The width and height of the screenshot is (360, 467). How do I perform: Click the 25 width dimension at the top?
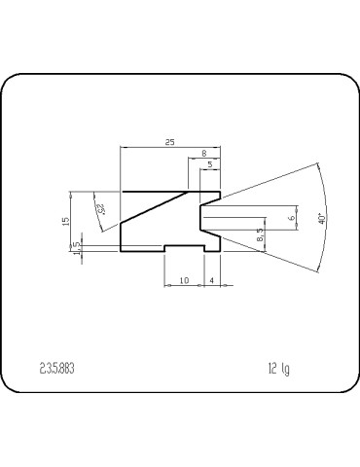(169, 142)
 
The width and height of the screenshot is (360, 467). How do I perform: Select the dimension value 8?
(202, 154)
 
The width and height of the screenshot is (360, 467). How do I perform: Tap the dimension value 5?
(210, 165)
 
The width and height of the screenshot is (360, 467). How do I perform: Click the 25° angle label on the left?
(99, 207)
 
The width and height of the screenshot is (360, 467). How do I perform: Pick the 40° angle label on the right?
(321, 220)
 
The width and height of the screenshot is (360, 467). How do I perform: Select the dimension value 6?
(292, 218)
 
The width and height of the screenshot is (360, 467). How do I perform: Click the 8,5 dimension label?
(260, 235)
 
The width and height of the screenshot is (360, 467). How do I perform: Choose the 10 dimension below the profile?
(184, 281)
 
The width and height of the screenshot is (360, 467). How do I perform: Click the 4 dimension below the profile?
(212, 281)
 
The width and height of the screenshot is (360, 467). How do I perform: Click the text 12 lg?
(278, 369)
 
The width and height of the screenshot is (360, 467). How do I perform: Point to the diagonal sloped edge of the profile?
(156, 208)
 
